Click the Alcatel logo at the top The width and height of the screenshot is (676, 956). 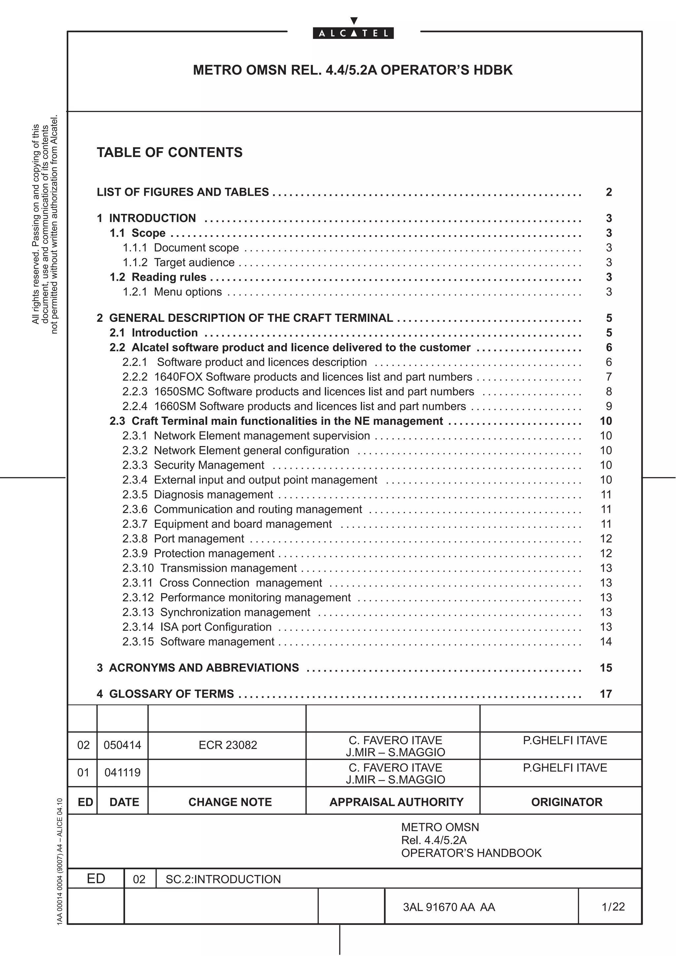point(353,33)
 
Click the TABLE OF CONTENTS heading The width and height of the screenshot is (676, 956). point(170,152)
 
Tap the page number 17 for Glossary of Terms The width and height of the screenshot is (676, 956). point(606,694)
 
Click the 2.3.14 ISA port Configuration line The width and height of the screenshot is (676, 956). point(197,627)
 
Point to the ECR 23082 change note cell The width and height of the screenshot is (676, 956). point(228,745)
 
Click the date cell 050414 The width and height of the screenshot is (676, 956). point(122,745)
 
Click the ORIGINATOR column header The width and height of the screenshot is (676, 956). point(566,802)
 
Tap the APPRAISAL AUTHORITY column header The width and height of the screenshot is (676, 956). point(396,802)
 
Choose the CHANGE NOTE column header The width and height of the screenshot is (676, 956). point(230,802)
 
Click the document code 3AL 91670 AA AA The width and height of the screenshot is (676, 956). point(449,907)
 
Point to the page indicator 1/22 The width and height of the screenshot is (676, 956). point(613,907)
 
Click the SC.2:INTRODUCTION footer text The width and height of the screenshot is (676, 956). point(223,879)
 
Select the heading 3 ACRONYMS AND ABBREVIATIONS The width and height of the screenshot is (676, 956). point(198,668)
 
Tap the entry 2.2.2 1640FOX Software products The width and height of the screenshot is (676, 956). point(297,377)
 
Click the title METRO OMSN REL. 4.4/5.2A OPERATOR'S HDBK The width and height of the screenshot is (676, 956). point(353,70)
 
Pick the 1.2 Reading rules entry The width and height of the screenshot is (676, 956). point(158,277)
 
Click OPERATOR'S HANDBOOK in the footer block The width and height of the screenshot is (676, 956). point(471,853)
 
